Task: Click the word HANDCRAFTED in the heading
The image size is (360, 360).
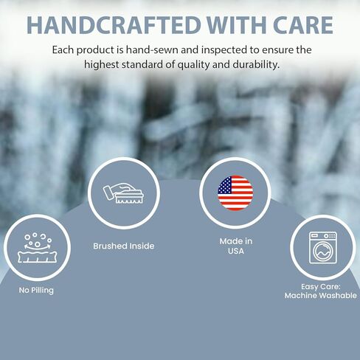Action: click(x=114, y=25)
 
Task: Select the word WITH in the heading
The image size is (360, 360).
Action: click(x=236, y=25)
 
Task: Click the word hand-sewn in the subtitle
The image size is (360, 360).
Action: click(x=152, y=50)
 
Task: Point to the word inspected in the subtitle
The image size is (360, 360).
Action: click(x=224, y=50)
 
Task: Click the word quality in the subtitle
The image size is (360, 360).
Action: click(x=193, y=65)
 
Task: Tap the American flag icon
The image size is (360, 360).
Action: click(x=235, y=193)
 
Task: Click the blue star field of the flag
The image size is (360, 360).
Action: click(x=225, y=185)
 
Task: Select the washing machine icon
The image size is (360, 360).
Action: click(x=323, y=248)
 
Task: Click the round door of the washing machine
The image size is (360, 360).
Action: click(x=323, y=251)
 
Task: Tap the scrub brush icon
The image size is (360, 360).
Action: click(x=123, y=194)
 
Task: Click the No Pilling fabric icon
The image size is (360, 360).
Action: click(x=37, y=248)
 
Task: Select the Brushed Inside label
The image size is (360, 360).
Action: click(x=124, y=246)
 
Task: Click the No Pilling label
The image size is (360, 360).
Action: click(x=36, y=291)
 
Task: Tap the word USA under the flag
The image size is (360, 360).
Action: click(x=236, y=251)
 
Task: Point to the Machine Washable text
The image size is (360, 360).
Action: click(x=321, y=295)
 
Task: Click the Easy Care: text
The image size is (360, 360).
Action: click(x=321, y=287)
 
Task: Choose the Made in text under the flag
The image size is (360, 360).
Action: click(x=236, y=241)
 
